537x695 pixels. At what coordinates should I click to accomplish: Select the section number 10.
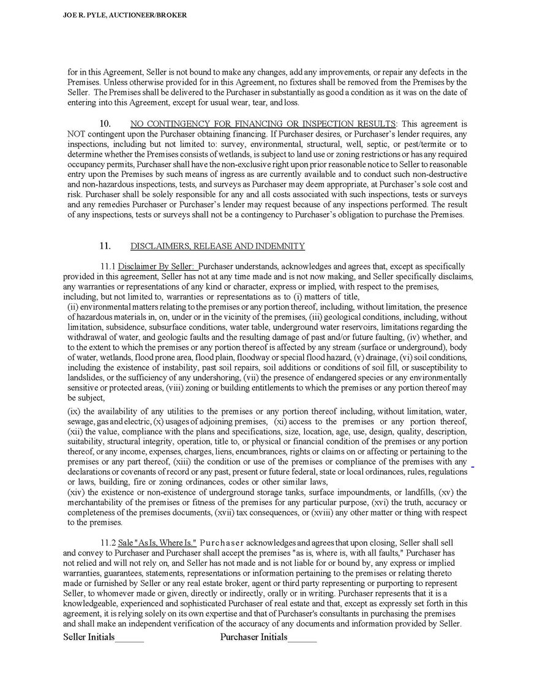pos(105,124)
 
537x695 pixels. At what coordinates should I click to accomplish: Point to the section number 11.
pos(105,246)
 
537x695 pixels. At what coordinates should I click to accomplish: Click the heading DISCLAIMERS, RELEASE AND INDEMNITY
pos(217,246)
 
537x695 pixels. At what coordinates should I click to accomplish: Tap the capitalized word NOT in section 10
pos(77,133)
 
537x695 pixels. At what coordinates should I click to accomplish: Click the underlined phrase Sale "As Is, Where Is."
pos(157,543)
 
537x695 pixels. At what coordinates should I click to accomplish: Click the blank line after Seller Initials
pos(129,638)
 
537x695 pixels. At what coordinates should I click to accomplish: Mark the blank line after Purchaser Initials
pos(302,638)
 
